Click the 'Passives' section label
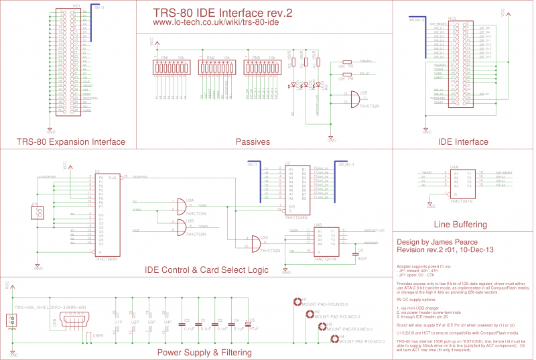click(253, 141)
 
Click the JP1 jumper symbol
click(38, 213)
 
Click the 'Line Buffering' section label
click(461, 224)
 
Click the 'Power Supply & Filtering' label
click(204, 352)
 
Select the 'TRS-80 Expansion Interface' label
click(71, 141)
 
